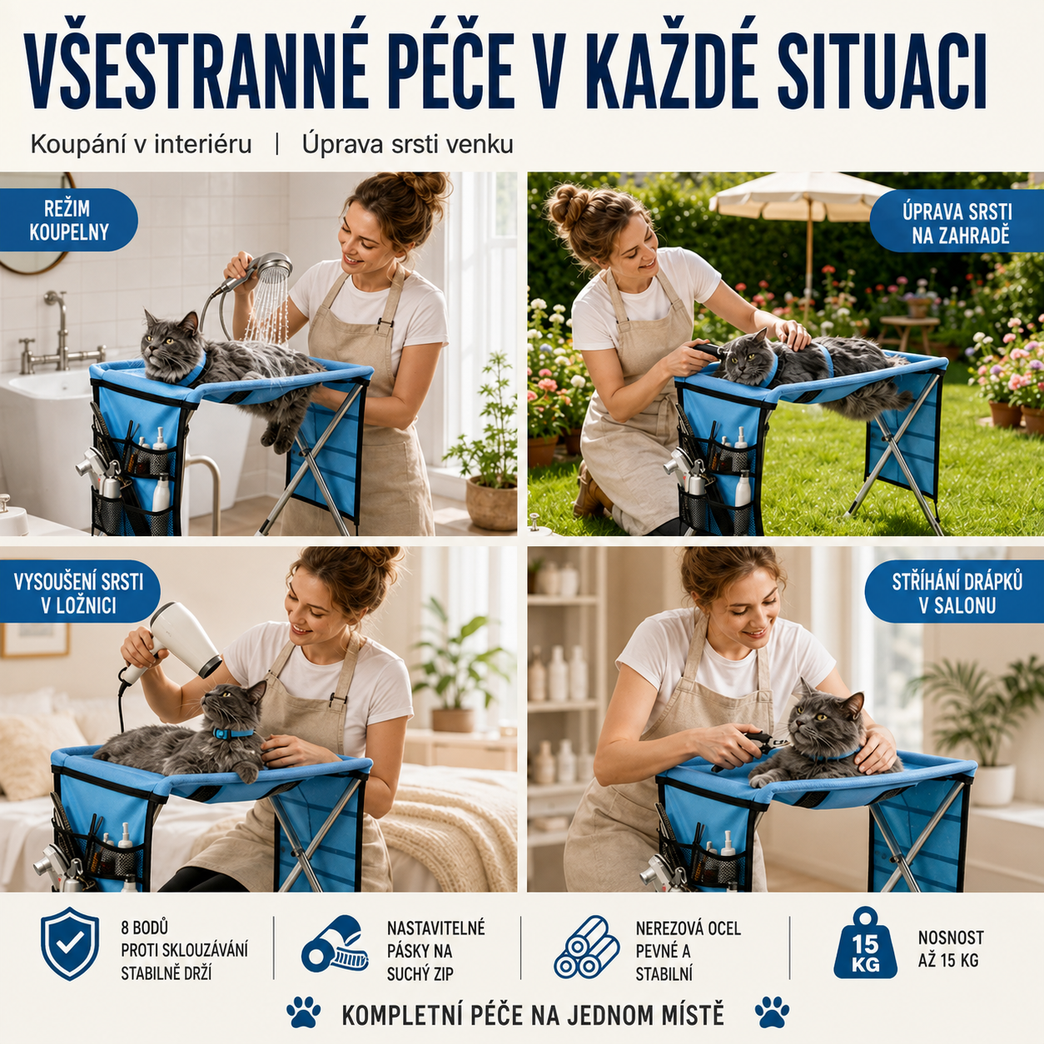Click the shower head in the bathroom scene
pos(271,266)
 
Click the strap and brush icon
pos(336,945)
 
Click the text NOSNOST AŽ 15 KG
pos(951,948)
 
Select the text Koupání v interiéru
pos(142,145)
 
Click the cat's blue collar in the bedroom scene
pos(233,733)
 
